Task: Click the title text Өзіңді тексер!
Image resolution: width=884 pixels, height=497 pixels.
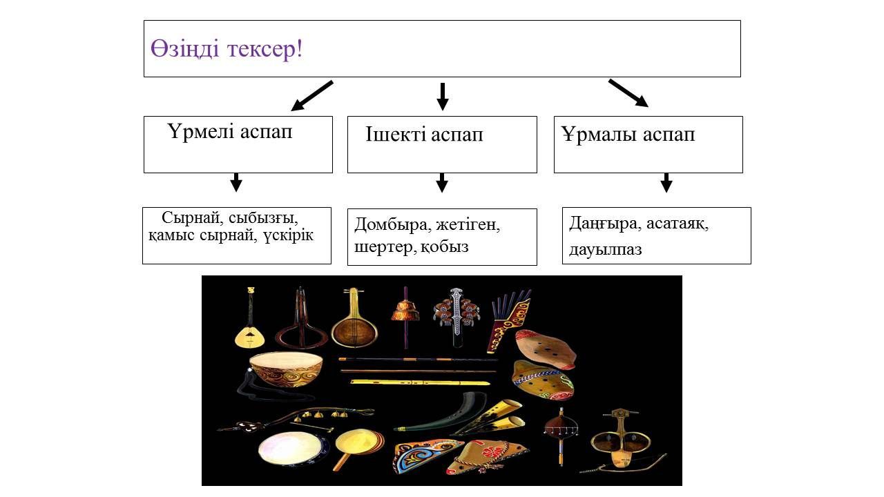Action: pos(227,49)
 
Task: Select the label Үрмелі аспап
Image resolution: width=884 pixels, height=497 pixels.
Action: pos(230,132)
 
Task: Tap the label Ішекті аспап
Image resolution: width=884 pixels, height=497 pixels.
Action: pos(424,135)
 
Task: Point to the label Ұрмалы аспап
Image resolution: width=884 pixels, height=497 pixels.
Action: pos(628,135)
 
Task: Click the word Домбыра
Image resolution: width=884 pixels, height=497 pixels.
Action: pos(389,225)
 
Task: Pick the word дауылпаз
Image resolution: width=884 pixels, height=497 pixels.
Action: pos(606,249)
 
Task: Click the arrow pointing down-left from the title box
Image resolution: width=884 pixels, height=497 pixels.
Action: pos(311,96)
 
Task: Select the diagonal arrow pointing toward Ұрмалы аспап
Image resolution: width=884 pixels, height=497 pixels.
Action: pos(628,93)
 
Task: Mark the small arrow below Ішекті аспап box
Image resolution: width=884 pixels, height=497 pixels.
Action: pos(442,182)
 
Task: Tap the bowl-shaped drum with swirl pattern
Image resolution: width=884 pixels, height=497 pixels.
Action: pos(286,369)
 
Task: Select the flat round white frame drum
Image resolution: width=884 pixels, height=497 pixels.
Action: pos(285,448)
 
